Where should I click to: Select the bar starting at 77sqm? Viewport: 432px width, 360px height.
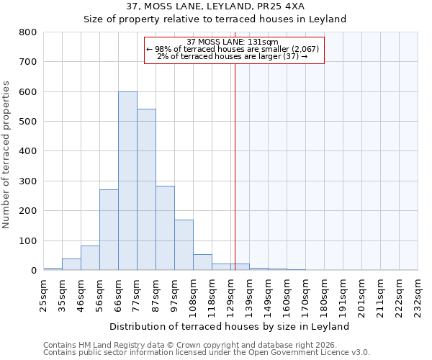point(146,189)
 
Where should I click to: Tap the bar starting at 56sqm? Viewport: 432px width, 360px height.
point(109,230)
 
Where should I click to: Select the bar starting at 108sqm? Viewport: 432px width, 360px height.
point(202,262)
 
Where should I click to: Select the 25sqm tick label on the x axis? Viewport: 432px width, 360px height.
point(43,293)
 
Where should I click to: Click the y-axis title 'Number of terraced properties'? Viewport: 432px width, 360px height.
point(6,154)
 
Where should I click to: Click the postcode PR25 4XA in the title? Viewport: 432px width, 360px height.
point(282,6)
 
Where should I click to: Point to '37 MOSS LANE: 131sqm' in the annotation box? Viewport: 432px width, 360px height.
point(234,42)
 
